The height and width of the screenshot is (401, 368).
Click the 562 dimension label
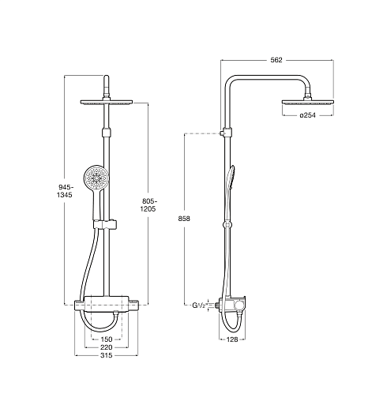tap(276, 60)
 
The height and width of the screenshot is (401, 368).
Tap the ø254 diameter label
tap(307, 115)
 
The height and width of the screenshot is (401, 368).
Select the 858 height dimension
tap(184, 219)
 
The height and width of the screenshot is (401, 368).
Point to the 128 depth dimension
tap(232, 339)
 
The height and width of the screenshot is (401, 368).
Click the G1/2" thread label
tap(200, 305)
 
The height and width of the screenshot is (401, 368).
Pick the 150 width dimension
tap(107, 339)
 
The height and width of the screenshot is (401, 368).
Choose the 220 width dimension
tap(107, 347)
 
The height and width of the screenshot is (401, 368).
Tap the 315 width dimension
tap(107, 355)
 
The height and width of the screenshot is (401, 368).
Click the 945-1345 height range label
tap(65, 191)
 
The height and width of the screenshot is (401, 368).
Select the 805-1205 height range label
tap(148, 205)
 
